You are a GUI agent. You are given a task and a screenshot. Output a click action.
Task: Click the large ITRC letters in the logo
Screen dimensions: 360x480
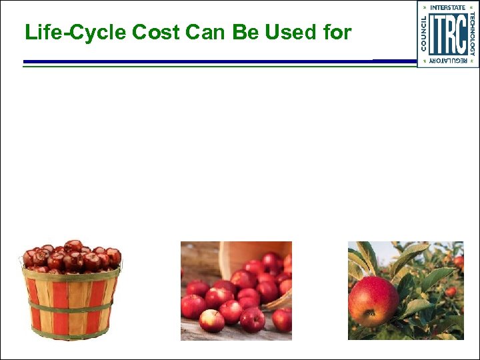(448, 34)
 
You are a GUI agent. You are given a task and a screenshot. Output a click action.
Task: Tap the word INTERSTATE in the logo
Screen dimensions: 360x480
(448, 7)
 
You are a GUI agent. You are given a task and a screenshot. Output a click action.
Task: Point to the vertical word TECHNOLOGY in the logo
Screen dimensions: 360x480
(473, 34)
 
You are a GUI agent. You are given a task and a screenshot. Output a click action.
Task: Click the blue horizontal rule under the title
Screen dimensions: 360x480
(200, 62)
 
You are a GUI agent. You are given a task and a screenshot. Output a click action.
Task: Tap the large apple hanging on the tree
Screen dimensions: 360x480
(373, 301)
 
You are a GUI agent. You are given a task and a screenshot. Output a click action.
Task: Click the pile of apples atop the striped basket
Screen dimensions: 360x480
(71, 255)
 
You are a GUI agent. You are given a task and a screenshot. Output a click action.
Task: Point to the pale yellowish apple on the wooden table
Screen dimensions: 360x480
(212, 321)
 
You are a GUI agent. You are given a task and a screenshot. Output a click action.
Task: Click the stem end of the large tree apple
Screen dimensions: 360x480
(369, 313)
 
